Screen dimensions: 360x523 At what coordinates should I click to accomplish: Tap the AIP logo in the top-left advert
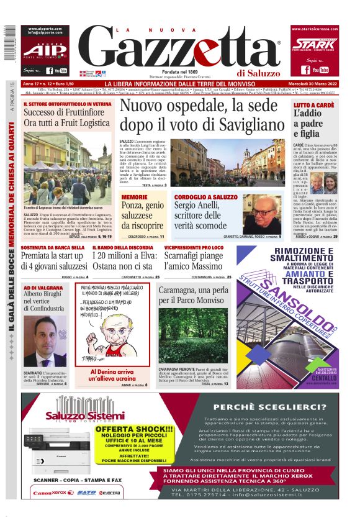coord(45,48)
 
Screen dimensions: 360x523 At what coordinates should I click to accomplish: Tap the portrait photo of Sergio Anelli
coord(265,215)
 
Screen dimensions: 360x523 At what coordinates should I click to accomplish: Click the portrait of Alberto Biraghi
coord(47,341)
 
